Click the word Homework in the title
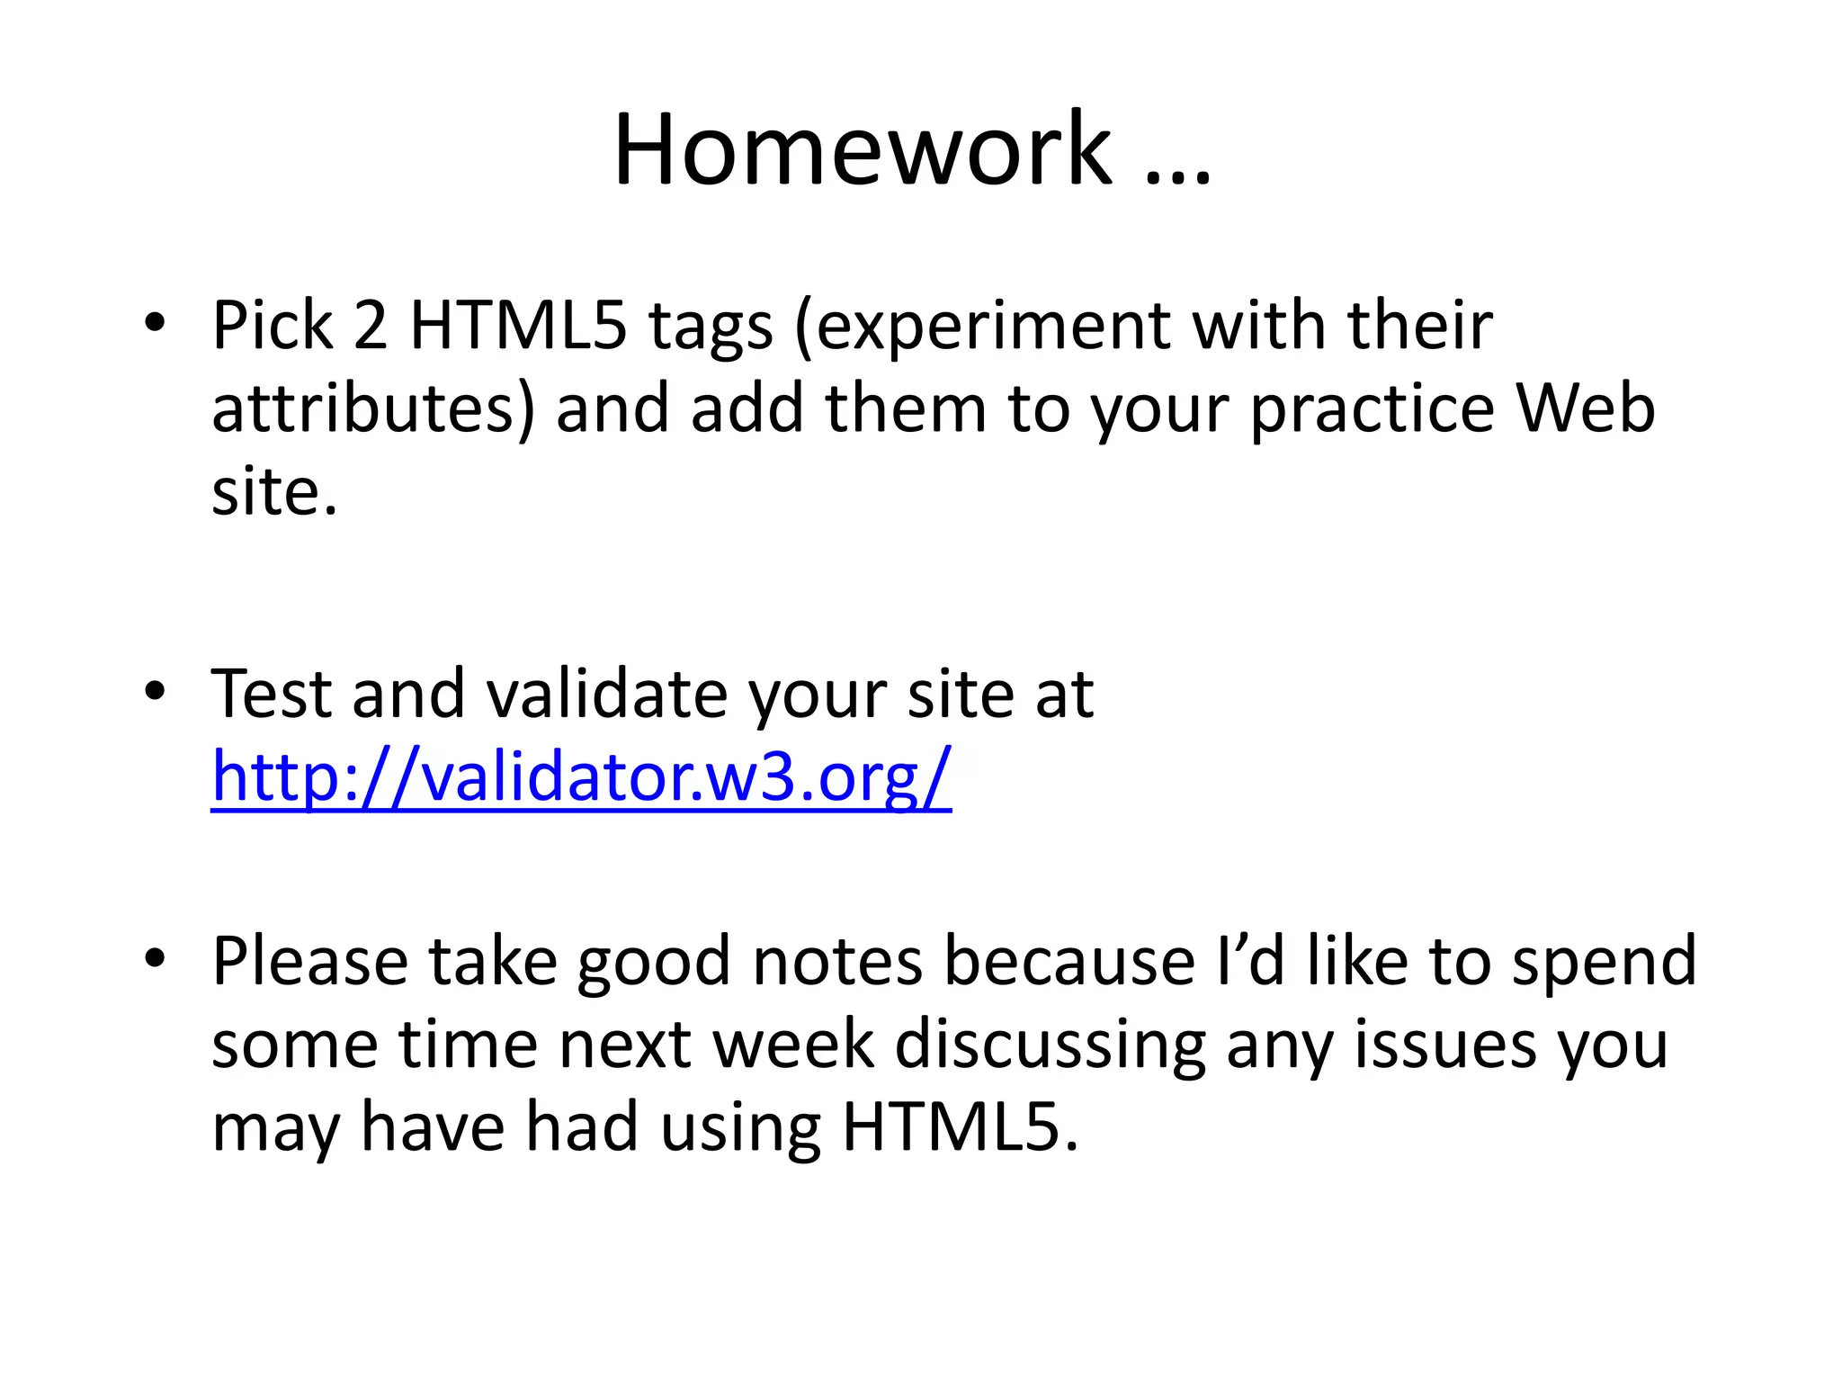[x=862, y=149]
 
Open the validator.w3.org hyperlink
[x=581, y=776]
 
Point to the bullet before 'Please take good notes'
[x=155, y=959]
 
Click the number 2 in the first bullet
[x=370, y=326]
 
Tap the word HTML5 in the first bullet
[x=517, y=326]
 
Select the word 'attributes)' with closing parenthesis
[x=372, y=409]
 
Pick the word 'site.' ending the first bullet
[x=274, y=493]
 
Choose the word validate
[x=607, y=695]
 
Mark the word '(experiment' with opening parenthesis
[x=981, y=326]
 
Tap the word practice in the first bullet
[x=1373, y=409]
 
